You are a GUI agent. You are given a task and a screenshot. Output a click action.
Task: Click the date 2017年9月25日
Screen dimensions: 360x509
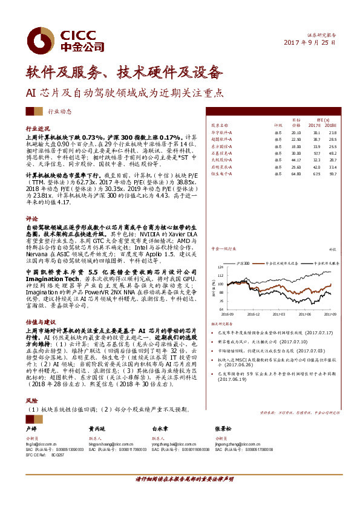(x=310, y=44)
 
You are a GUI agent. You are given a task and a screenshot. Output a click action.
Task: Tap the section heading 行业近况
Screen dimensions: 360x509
(x=38, y=129)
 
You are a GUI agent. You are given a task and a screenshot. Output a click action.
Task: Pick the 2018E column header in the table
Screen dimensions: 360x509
(x=332, y=126)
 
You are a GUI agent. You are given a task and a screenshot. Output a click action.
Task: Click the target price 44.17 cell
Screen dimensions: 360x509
(x=296, y=160)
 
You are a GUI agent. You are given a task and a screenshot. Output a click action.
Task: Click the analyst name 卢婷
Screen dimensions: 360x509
(x=31, y=427)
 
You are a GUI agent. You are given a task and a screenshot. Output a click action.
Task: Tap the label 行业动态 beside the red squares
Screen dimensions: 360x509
(x=59, y=111)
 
